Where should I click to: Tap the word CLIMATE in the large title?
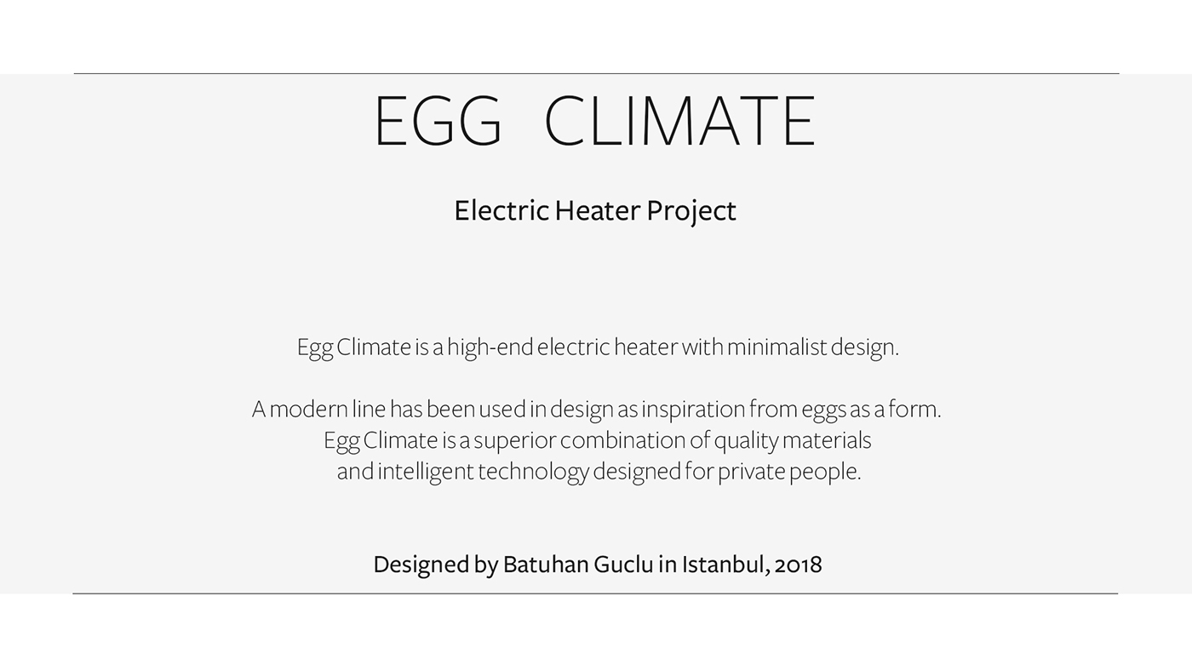coord(679,122)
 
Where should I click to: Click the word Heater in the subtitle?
coord(597,210)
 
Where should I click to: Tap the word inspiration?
coord(693,410)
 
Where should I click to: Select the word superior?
coord(514,441)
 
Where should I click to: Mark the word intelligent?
coord(426,472)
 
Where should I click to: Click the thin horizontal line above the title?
coord(596,74)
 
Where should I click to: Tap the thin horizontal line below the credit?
coord(596,594)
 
